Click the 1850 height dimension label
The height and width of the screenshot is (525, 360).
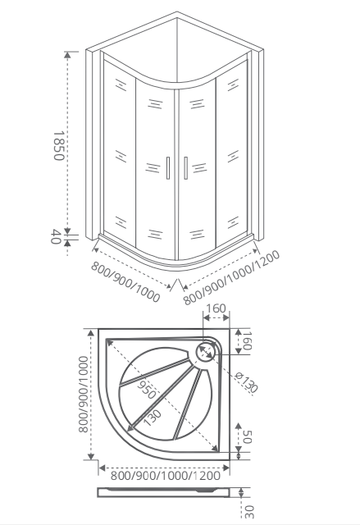coord(58,146)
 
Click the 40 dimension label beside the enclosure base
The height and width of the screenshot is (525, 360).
coord(56,237)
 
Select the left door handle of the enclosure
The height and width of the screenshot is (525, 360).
coord(168,167)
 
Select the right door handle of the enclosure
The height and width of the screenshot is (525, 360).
coord(185,167)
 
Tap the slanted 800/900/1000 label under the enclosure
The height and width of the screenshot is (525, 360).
coord(125,281)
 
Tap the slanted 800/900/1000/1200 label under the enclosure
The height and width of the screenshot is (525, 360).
coord(231,277)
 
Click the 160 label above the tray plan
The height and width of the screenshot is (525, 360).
coord(216,308)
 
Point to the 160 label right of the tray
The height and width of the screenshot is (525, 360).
coord(247,340)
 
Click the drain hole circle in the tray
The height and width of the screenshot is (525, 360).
coord(205,351)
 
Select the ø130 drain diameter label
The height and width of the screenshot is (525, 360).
coord(247,383)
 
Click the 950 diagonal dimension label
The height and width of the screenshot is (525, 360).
coord(147,390)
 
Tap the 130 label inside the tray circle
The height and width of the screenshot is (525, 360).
coord(153,418)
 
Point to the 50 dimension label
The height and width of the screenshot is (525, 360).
coord(247,436)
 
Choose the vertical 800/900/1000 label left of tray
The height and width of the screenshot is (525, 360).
coord(83,394)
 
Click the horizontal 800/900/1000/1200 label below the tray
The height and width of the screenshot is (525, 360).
coord(166,476)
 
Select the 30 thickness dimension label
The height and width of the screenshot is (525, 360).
coord(249,511)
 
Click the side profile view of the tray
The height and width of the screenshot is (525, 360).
coord(164,492)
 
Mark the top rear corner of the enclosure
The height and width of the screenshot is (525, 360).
coord(177,12)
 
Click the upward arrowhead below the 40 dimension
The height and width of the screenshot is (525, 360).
coord(68,243)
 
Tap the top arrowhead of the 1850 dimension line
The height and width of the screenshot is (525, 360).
coord(67,55)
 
